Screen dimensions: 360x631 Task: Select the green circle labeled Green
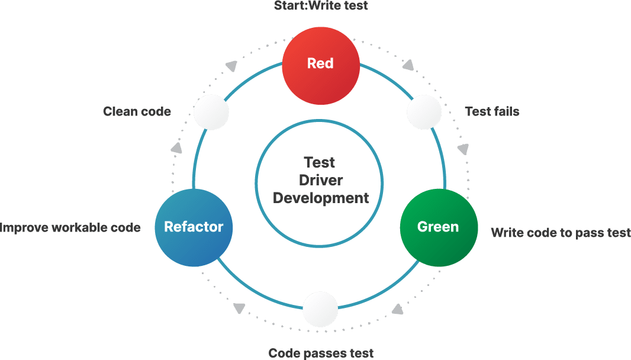click(x=438, y=227)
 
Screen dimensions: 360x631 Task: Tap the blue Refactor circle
click(x=194, y=227)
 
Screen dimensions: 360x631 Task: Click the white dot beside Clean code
click(x=211, y=112)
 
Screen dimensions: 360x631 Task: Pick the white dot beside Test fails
click(x=424, y=112)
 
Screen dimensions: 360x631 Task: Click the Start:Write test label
click(x=320, y=6)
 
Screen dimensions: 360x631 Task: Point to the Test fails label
click(x=492, y=111)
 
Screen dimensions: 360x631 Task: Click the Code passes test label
click(x=321, y=353)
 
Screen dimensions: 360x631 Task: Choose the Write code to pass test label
click(x=561, y=233)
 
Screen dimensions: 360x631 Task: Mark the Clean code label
click(x=137, y=111)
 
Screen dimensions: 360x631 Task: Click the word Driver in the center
click(x=320, y=180)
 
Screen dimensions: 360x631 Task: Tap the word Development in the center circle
click(x=321, y=198)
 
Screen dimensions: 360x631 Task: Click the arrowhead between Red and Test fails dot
click(x=408, y=65)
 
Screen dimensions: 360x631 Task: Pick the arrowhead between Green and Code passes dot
click(x=398, y=309)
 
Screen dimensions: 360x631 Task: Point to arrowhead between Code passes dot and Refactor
click(x=239, y=308)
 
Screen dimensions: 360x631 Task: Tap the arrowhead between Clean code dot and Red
click(x=232, y=65)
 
